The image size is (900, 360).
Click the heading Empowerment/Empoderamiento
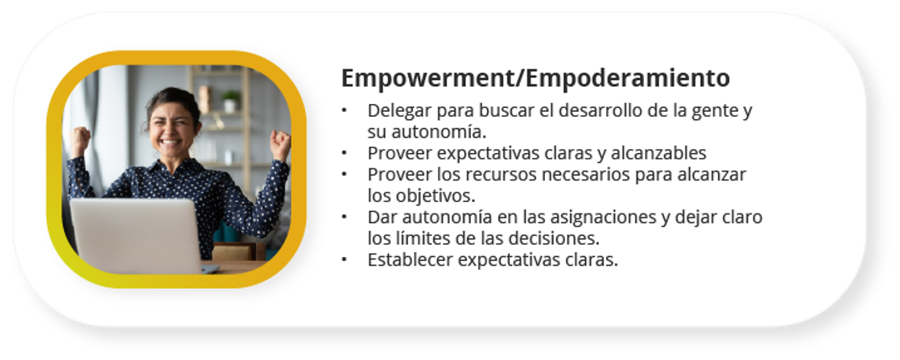535,78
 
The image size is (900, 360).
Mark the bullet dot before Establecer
345,260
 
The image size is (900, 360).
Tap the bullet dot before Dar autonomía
345,217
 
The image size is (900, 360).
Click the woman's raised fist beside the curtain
79,141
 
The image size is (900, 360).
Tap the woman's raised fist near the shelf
281,145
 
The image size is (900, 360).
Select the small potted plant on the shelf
231,101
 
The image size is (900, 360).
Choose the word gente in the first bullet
712,111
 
